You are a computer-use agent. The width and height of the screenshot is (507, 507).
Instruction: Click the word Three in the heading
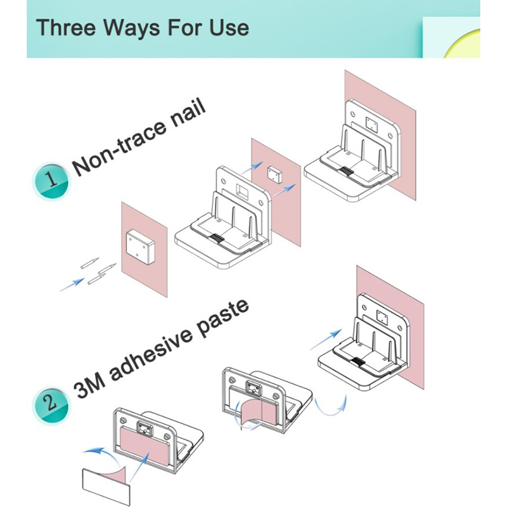(66, 27)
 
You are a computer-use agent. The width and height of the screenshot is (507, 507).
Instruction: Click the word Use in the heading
(229, 27)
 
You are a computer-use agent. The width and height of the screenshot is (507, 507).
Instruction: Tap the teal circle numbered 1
(52, 181)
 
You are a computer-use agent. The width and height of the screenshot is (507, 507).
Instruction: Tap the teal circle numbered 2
(51, 405)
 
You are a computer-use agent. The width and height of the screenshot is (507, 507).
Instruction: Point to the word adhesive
(151, 353)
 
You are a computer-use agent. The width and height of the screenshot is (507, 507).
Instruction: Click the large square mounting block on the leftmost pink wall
(139, 247)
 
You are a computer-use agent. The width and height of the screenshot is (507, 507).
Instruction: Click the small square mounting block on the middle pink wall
(274, 175)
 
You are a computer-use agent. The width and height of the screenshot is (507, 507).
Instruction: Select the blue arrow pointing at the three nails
(72, 285)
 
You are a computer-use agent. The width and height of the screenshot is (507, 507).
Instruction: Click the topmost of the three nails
(89, 262)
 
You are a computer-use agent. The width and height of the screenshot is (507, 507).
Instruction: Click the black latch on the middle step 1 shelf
(217, 239)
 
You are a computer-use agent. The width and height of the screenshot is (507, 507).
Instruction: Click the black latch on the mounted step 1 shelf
(347, 171)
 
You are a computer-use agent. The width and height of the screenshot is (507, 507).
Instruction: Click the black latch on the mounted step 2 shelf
(358, 362)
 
